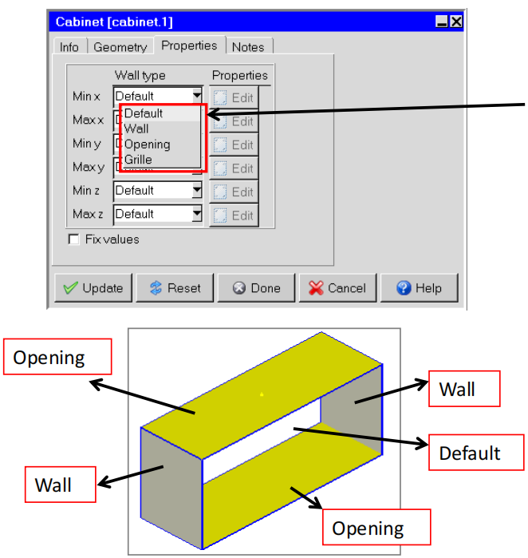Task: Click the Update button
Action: click(x=93, y=288)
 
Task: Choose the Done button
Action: click(x=256, y=288)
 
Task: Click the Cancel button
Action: click(x=337, y=288)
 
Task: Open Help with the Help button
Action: click(x=420, y=288)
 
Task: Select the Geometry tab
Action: click(x=120, y=47)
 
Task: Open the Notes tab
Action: click(x=248, y=47)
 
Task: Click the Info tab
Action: click(x=69, y=47)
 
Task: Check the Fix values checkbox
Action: click(x=73, y=239)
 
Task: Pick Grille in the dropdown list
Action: click(x=138, y=160)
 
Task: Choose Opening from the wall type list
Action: click(x=148, y=144)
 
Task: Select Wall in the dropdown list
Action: click(x=136, y=129)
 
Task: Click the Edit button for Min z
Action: click(x=234, y=192)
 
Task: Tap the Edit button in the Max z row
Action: click(x=234, y=216)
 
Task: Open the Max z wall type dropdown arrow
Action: click(x=197, y=214)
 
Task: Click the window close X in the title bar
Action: click(x=456, y=22)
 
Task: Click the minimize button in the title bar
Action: click(x=442, y=22)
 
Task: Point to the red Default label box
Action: click(x=476, y=453)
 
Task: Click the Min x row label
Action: click(x=86, y=96)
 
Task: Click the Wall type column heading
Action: click(x=140, y=76)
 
